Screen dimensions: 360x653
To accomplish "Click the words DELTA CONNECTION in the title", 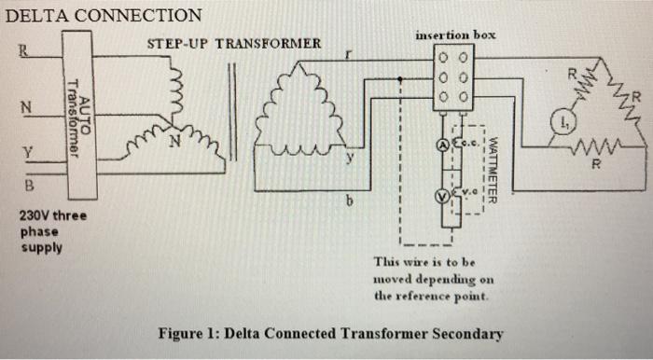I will coord(104,15).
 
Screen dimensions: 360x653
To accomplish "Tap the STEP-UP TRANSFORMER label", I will coord(234,43).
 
